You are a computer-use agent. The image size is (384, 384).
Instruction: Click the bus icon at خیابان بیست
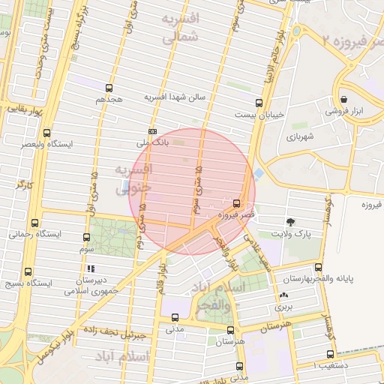(259, 103)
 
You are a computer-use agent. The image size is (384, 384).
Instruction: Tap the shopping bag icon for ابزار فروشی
(343, 99)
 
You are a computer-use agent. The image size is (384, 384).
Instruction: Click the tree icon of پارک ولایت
(290, 222)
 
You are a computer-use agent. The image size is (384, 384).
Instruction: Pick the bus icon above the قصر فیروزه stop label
(237, 202)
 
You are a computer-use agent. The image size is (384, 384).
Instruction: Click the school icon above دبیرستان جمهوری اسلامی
(91, 268)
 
